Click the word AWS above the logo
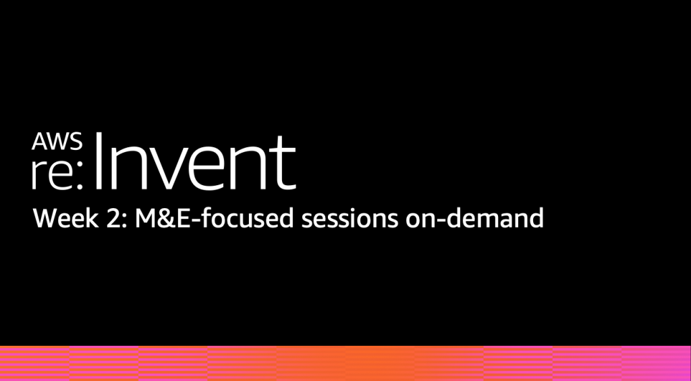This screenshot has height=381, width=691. [x=57, y=142]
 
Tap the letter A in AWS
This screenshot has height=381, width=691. [x=39, y=142]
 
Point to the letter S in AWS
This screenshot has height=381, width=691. [x=76, y=142]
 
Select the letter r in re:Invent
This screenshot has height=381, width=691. [x=37, y=174]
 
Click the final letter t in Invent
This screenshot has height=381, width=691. [x=285, y=164]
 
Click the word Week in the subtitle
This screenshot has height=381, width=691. [x=65, y=218]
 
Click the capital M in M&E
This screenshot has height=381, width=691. [x=145, y=218]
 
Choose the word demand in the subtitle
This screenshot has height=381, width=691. [x=495, y=218]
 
